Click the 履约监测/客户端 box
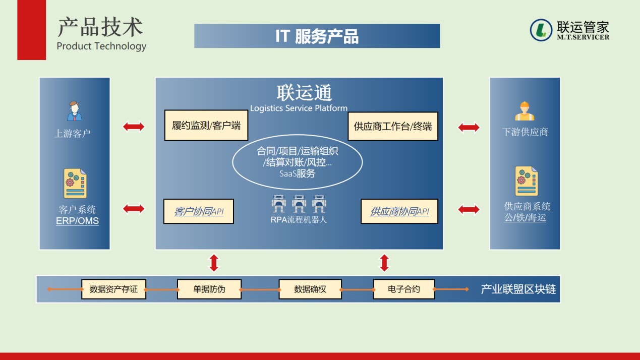pos(206,125)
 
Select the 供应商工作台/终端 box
pos(392,126)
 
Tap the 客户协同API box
pos(199,211)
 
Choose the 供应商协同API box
pos(399,211)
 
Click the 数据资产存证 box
pos(113,289)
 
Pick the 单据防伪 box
pos(209,289)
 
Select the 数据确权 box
pos(310,289)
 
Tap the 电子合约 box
pos(403,289)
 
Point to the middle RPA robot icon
pos(299,204)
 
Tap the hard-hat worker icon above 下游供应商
pos(525,111)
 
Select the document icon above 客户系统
pos(75,183)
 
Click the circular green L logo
pos(541,30)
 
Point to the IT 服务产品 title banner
pos(317,36)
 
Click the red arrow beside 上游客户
pos(134,127)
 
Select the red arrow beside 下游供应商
pos(469,128)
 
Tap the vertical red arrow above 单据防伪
pos(214,263)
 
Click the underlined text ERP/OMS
pos(77,221)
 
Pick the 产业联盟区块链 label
pos(518,289)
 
